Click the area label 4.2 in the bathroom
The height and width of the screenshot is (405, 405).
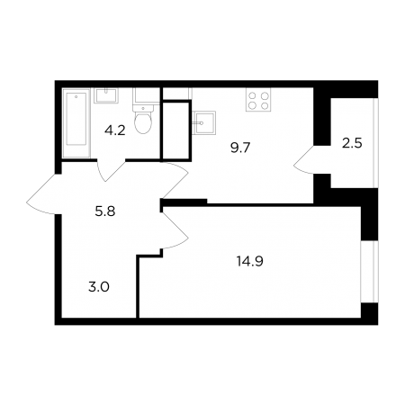pos(115,130)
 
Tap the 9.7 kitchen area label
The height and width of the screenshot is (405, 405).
pos(240,148)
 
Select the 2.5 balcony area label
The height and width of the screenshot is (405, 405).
pos(352,143)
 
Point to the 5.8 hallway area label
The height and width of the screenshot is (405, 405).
pos(105,211)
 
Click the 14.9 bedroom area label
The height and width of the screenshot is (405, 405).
pos(250,261)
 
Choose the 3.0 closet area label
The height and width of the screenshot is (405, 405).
pos(99,287)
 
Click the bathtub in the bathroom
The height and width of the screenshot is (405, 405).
pos(76,122)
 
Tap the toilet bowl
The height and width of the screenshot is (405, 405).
pos(143,122)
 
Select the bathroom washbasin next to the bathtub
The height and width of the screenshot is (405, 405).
pos(106,95)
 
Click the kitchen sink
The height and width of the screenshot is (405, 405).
pos(204,122)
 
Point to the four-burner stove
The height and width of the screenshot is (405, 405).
pos(258,100)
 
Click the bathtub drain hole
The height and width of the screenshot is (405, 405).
pos(76,96)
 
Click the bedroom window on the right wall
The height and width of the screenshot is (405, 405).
pos(369,272)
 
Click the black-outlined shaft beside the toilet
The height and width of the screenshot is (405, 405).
pos(175,130)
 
